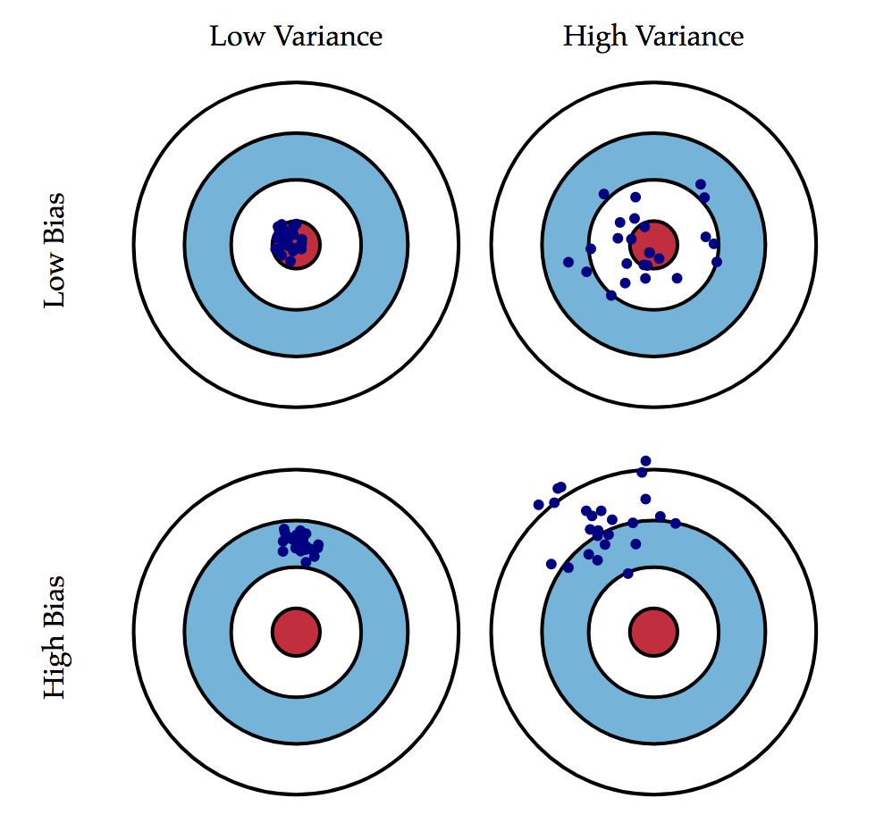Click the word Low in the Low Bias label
(55, 288)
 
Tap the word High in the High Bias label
(55, 674)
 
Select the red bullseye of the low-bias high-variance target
(654, 242)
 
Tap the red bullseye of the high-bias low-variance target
(296, 631)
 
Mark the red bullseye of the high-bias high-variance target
(653, 631)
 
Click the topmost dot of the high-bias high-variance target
(645, 461)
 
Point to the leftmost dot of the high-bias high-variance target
(538, 505)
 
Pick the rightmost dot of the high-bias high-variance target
(676, 524)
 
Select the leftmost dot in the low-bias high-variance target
(568, 262)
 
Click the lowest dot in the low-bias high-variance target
(611, 295)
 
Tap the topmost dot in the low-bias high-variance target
(700, 184)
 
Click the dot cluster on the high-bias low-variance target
(299, 542)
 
